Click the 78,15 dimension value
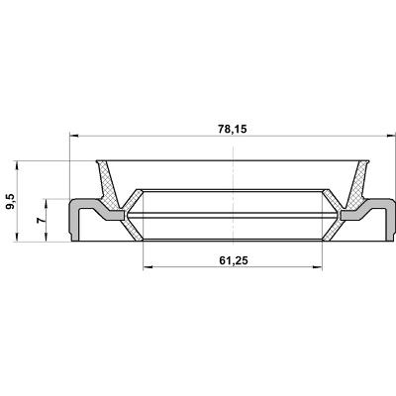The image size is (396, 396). pyautogui.click(x=233, y=129)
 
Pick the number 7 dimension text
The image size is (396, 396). pyautogui.click(x=41, y=220)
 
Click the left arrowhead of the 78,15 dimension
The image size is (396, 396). pyautogui.click(x=74, y=136)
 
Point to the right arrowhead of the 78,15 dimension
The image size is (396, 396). pyautogui.click(x=391, y=136)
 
